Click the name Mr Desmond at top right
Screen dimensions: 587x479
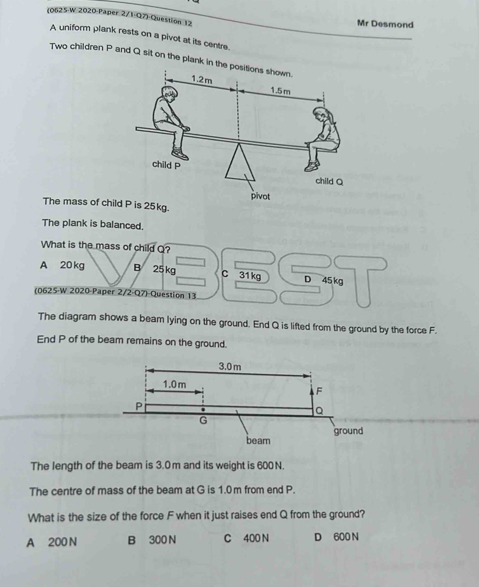tap(385, 24)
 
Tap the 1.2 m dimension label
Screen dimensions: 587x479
tap(202, 79)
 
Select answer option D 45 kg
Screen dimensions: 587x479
tap(324, 281)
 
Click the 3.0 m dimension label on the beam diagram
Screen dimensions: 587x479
tap(229, 365)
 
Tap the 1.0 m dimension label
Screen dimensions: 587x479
tap(175, 385)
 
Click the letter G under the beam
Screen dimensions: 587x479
tap(203, 420)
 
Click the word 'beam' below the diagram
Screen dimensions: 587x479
tap(258, 440)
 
